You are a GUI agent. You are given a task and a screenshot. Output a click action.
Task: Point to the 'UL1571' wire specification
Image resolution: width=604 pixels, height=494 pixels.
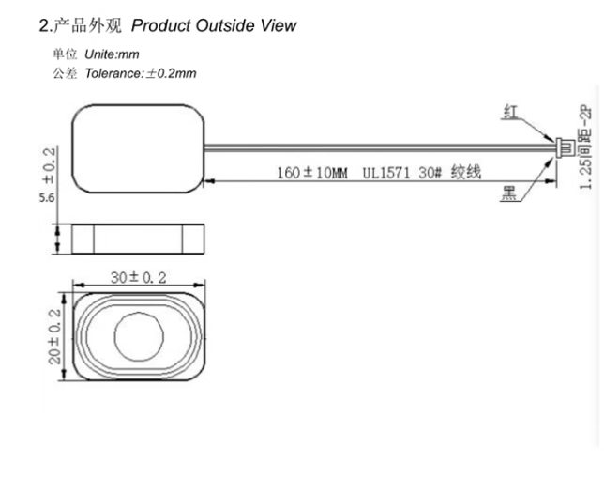pos(386,174)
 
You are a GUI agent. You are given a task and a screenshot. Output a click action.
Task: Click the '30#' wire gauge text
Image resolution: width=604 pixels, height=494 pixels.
pos(430,174)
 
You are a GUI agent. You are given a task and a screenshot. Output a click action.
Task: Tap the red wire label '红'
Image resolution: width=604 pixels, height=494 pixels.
pos(510,113)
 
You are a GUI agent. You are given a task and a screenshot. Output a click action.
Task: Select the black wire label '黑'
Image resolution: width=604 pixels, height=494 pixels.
pos(510,196)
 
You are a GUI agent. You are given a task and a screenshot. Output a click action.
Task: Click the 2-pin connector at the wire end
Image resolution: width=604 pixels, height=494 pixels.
pos(562,147)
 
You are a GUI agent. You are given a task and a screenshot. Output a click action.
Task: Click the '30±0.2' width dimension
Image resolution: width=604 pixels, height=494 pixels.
pos(140,278)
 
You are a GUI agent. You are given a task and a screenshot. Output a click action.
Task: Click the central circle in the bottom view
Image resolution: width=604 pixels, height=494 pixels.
pos(140,335)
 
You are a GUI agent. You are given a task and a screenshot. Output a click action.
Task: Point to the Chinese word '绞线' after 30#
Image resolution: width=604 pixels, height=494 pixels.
pos(465,174)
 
